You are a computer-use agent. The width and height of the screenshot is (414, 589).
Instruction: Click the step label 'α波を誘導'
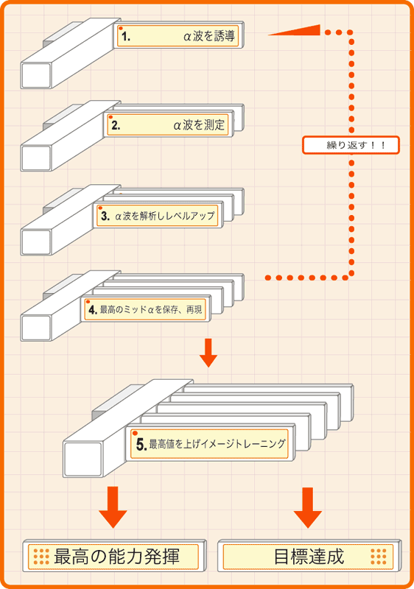[209, 36]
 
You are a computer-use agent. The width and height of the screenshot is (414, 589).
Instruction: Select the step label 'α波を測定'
[199, 125]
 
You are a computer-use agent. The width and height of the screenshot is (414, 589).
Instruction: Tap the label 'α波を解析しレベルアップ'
[164, 216]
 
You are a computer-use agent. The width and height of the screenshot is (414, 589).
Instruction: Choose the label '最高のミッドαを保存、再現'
[151, 309]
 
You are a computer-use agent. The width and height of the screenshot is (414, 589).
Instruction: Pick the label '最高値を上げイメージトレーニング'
[217, 444]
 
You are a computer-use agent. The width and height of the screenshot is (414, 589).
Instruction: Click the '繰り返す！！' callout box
[351, 145]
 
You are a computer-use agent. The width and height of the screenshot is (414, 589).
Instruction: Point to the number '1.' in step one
[126, 37]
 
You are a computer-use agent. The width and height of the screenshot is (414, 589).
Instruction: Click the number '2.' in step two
[116, 125]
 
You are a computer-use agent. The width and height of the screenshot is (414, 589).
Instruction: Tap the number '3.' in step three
[105, 216]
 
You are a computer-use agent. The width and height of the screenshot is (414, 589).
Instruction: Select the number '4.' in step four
[93, 309]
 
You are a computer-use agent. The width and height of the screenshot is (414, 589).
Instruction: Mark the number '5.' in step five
[141, 445]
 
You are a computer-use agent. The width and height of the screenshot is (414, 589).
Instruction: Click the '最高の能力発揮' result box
[114, 557]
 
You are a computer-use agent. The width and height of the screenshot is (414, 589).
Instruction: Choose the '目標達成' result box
[309, 557]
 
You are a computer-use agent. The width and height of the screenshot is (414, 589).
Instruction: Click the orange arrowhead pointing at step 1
[295, 30]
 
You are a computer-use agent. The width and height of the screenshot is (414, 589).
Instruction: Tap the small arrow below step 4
[208, 353]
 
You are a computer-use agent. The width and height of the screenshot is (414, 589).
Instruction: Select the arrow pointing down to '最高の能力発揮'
[113, 507]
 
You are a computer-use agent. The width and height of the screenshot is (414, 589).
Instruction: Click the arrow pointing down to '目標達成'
[308, 507]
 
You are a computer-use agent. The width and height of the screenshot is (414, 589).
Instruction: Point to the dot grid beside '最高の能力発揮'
[41, 557]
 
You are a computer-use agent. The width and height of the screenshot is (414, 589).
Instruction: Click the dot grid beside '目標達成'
[379, 557]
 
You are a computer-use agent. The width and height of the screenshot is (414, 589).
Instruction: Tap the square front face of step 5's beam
[83, 459]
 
